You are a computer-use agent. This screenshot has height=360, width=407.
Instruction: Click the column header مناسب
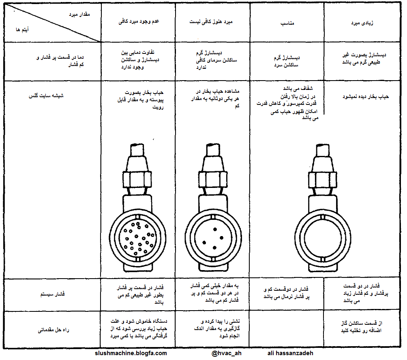287,23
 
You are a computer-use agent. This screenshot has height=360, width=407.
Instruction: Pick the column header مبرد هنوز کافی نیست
212,21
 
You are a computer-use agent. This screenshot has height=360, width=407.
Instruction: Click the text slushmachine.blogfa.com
131,354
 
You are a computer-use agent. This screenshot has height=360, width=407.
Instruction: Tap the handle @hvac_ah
226,354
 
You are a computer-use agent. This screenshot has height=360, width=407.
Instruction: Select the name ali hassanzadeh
291,354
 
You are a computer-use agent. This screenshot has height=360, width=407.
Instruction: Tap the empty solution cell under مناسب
287,329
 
